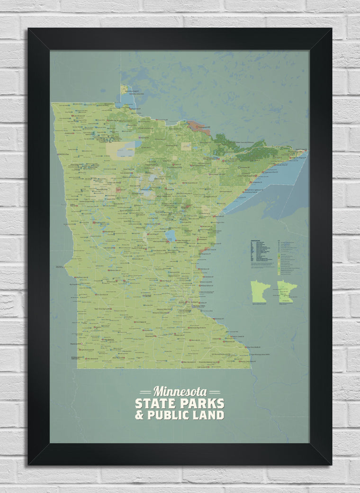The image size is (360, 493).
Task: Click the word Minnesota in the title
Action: pos(180,392)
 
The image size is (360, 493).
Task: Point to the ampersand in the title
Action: pos(139,415)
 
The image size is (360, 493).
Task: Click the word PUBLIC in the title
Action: pos(170,415)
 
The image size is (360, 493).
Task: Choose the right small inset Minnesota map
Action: pos(287,292)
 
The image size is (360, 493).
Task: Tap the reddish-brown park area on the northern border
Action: pos(198,127)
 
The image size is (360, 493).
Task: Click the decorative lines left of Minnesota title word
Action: pos(145,392)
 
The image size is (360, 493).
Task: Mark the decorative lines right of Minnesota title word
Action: pos(214,392)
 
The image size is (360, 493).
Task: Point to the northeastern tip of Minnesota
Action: pos(305,151)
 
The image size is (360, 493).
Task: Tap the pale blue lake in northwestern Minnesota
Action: pos(126,151)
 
